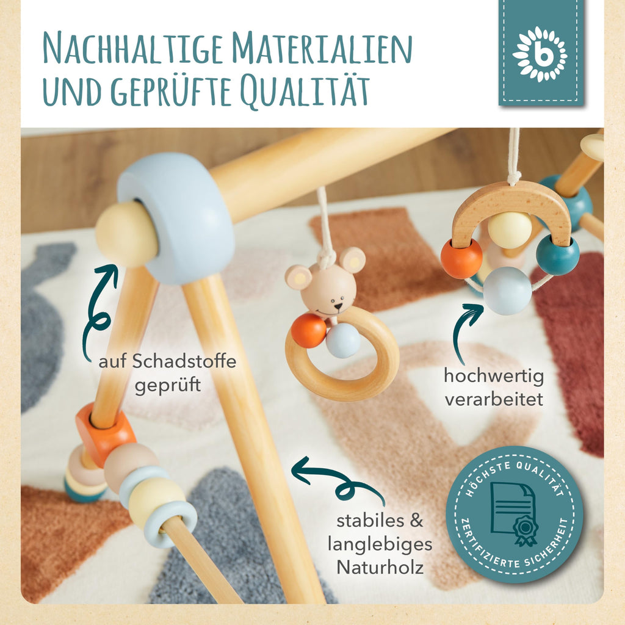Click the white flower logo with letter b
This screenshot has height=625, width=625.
(x=540, y=54)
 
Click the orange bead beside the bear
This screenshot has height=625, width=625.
(x=308, y=331)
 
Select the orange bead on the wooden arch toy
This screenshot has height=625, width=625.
(x=461, y=258)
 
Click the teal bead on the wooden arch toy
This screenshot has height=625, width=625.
(x=558, y=255)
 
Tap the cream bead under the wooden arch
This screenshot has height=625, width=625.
(x=510, y=229)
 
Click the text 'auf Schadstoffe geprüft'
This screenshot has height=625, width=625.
(x=167, y=374)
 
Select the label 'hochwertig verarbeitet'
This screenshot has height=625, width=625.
(x=494, y=388)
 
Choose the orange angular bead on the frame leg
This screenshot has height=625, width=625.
(x=105, y=434)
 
